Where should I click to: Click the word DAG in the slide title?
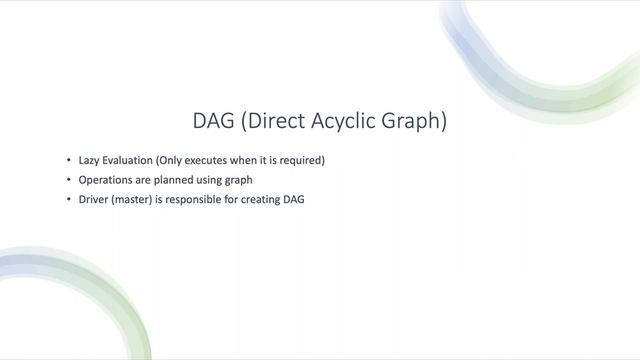(213, 122)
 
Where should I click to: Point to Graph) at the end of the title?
(415, 122)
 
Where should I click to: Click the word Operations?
(108, 180)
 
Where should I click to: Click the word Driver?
(95, 199)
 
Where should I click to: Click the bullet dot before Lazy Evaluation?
(69, 160)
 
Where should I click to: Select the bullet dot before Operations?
(69, 180)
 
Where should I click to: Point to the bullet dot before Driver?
(69, 199)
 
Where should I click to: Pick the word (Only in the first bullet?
(175, 160)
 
